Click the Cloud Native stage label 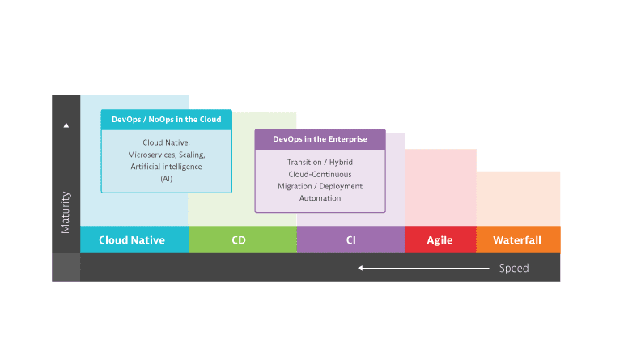(132, 239)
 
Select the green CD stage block (243, 239)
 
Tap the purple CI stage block (351, 239)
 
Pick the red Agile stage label (439, 240)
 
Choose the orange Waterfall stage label (517, 239)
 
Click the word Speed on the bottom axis (514, 268)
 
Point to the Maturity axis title (66, 213)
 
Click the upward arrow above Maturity (66, 152)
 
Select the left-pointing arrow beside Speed (423, 268)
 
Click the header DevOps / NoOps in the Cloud (167, 120)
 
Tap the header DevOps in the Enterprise (320, 139)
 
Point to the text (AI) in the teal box (167, 179)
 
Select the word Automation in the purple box (320, 198)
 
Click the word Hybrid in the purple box (341, 163)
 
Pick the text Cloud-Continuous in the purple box (320, 175)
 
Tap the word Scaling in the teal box (192, 155)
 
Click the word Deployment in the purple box (341, 186)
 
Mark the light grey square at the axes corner (66, 267)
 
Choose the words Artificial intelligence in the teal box (167, 167)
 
